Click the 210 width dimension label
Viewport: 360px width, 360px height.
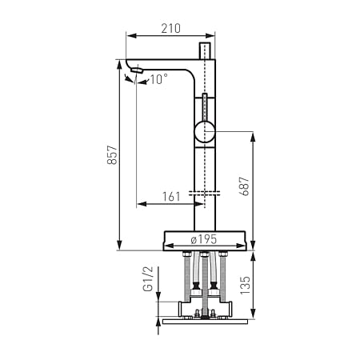tap(170, 28)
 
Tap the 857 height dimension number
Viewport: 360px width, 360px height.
tap(112, 155)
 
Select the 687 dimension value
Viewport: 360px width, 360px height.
tap(245, 186)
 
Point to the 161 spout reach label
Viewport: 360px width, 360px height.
tap(171, 197)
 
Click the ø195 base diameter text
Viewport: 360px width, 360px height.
tap(204, 239)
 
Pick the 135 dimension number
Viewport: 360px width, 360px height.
tap(245, 285)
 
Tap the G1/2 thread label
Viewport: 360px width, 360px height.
tap(149, 279)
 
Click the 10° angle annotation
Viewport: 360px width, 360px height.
tap(159, 79)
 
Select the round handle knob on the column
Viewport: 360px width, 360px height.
tap(204, 131)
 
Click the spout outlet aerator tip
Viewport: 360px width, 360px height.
tap(137, 70)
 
